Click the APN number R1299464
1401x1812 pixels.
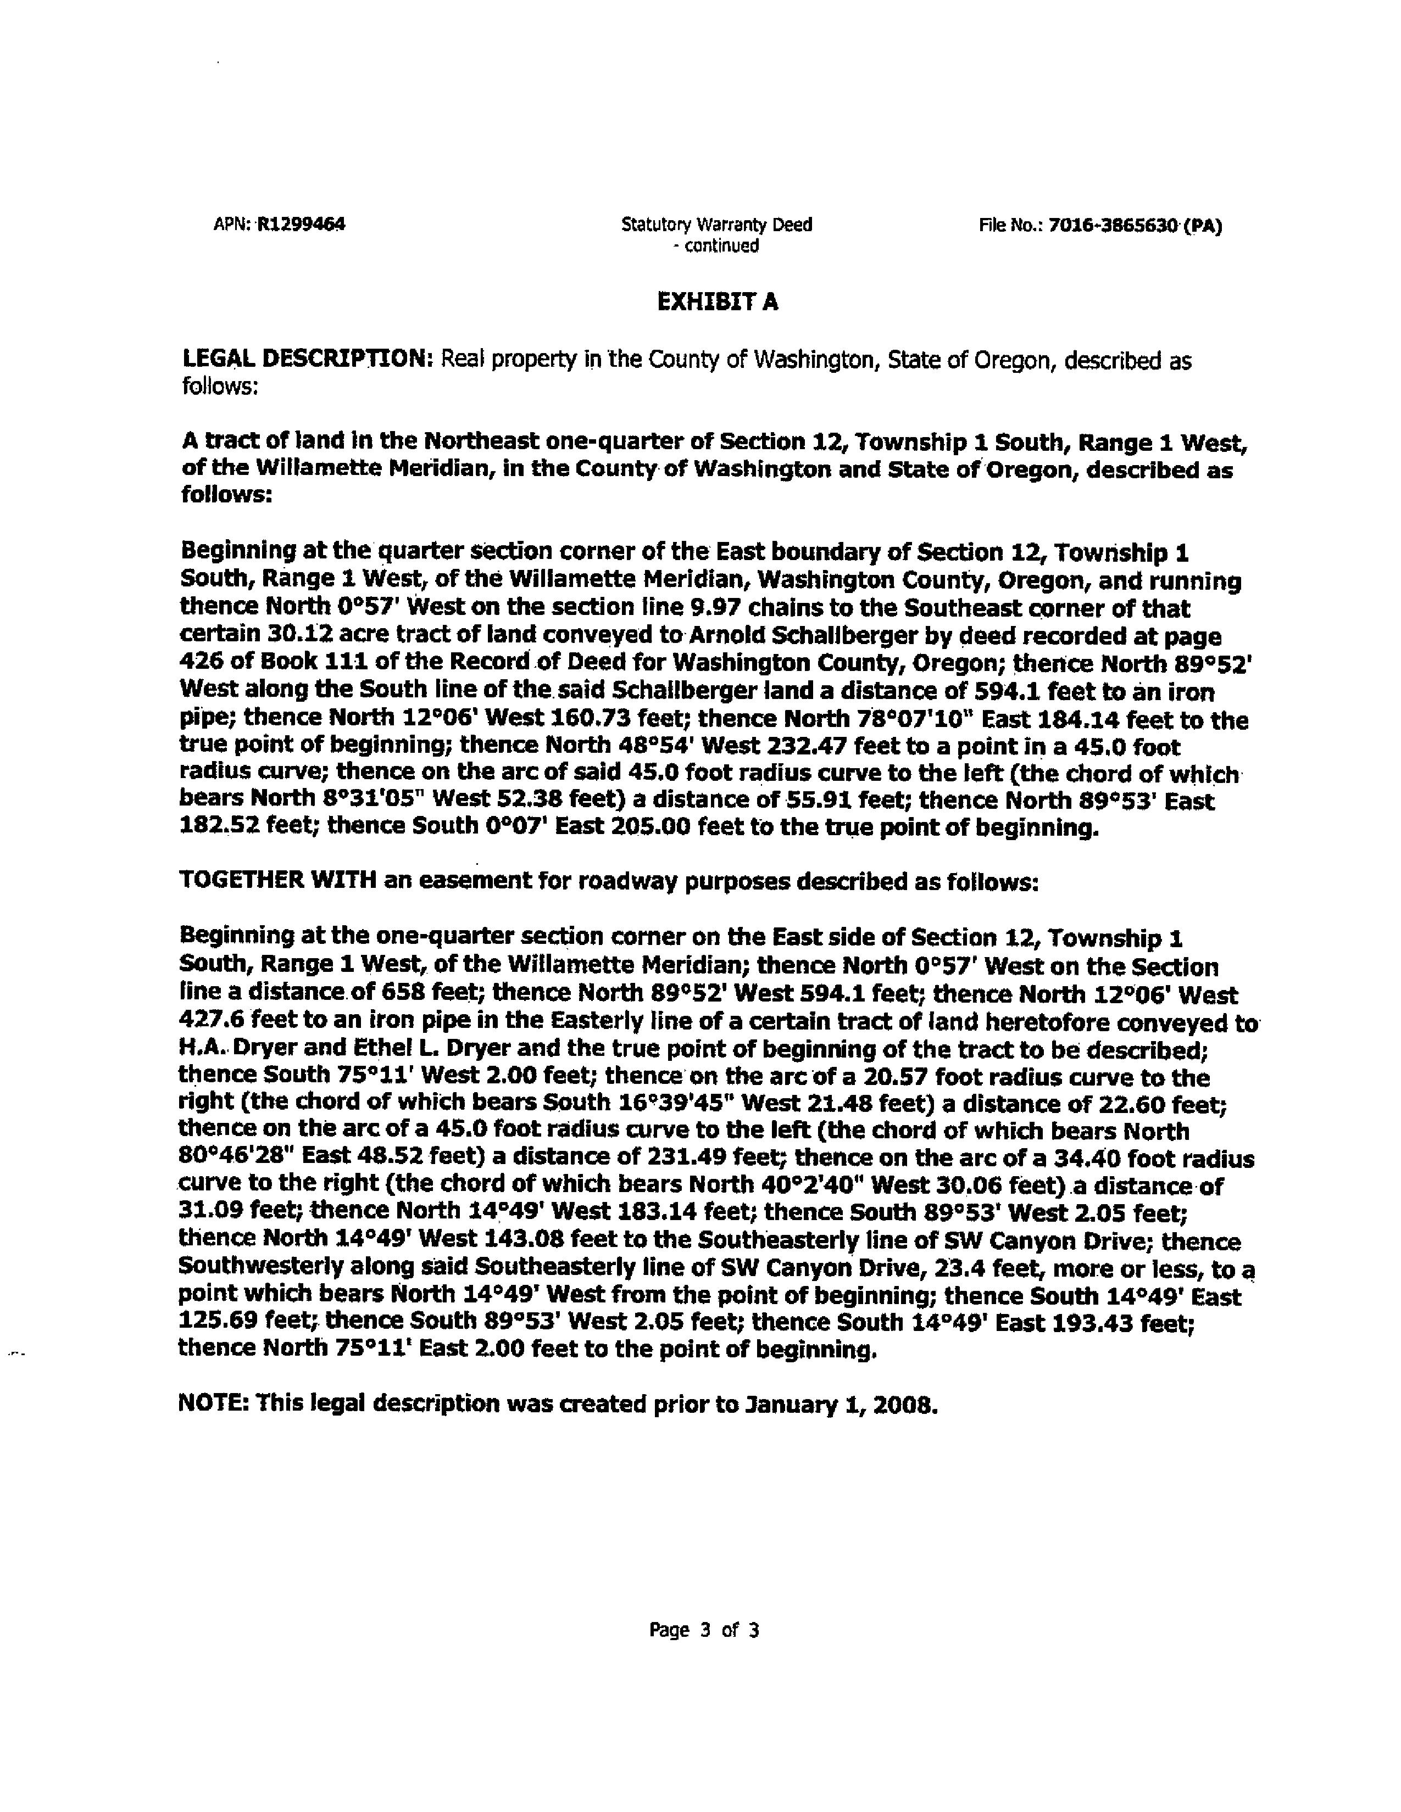click(x=301, y=224)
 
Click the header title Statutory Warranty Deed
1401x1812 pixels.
click(x=716, y=224)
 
